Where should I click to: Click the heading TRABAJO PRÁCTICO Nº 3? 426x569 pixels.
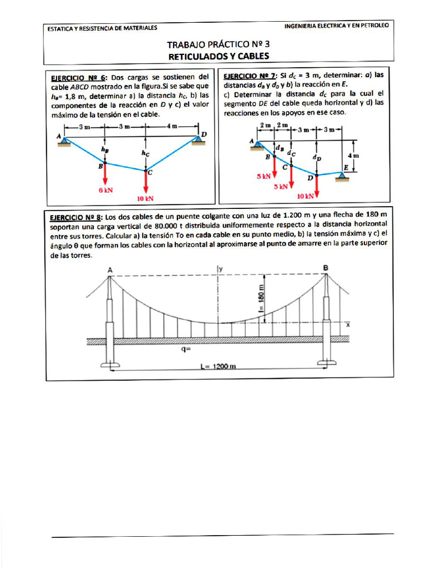tap(218, 44)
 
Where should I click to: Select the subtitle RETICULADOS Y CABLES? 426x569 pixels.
tap(218, 56)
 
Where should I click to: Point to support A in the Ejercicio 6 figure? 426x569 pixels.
tap(65, 141)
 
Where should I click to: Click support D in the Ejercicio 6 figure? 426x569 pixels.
tap(199, 139)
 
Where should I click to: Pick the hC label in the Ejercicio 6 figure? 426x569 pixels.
tap(145, 152)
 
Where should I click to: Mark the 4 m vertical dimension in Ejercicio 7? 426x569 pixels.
tap(353, 156)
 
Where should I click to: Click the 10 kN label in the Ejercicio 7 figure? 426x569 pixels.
tap(305, 196)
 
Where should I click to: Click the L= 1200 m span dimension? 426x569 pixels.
tap(218, 366)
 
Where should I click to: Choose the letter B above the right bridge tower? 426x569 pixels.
tap(326, 268)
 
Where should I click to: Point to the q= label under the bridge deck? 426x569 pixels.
tap(185, 350)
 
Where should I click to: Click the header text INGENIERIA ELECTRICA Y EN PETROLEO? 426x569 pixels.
tap(336, 26)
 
